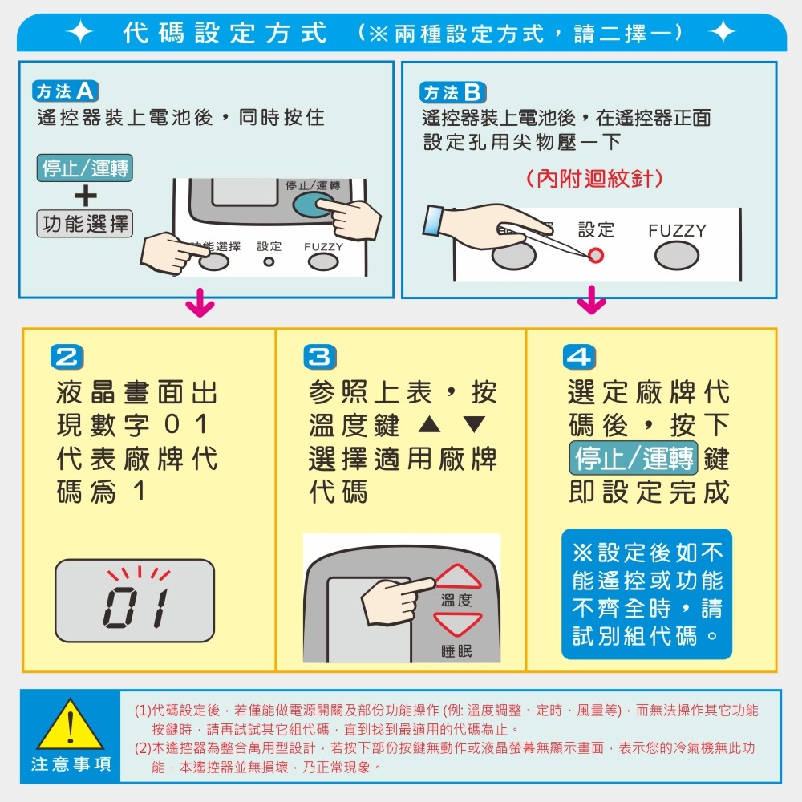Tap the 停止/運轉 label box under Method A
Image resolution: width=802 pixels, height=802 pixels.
tap(85, 168)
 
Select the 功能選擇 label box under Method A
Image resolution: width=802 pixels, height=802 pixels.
tap(85, 224)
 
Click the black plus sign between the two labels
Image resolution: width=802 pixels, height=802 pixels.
tap(85, 196)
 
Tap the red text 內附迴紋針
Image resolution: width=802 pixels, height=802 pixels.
tap(594, 178)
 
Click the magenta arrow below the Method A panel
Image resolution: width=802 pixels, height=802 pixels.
tap(200, 306)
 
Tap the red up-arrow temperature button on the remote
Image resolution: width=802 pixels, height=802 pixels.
tap(457, 577)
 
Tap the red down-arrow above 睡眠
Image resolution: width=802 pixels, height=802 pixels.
tap(457, 623)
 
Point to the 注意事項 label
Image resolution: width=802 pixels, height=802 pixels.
tap(71, 764)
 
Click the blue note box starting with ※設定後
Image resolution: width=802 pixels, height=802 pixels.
tap(647, 594)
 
